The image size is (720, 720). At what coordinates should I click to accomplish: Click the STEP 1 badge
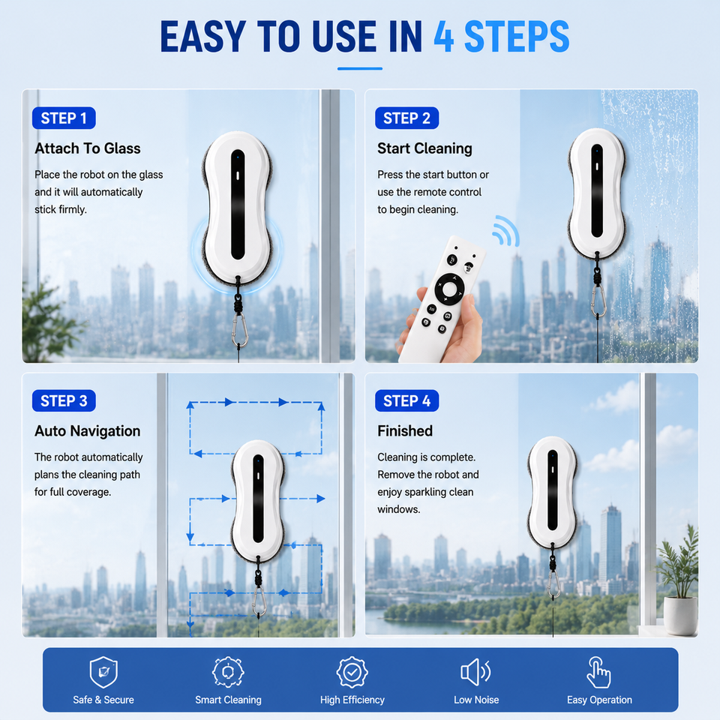(64, 118)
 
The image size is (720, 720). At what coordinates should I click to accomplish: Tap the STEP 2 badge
(406, 118)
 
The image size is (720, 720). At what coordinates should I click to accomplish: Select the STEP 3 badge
(64, 400)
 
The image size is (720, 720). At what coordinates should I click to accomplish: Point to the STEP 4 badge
(406, 400)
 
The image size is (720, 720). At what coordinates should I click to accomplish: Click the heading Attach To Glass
(88, 148)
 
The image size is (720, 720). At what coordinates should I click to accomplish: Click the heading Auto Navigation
(88, 430)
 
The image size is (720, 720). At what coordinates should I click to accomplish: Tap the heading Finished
(405, 430)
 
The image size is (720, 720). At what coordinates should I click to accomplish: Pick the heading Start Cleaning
(424, 148)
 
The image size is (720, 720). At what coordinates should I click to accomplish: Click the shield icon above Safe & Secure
(103, 672)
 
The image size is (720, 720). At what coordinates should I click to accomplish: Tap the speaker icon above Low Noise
(475, 672)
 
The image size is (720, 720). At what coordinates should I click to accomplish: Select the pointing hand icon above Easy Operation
(598, 672)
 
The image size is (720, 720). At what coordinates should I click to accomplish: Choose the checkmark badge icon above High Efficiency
(352, 672)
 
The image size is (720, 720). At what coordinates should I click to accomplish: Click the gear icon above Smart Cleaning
(228, 672)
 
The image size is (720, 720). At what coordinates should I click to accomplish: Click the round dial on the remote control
(449, 289)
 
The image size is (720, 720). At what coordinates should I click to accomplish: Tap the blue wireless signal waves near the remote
(506, 232)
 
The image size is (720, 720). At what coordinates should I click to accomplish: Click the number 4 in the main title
(444, 37)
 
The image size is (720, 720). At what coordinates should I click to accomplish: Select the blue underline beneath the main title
(360, 69)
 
